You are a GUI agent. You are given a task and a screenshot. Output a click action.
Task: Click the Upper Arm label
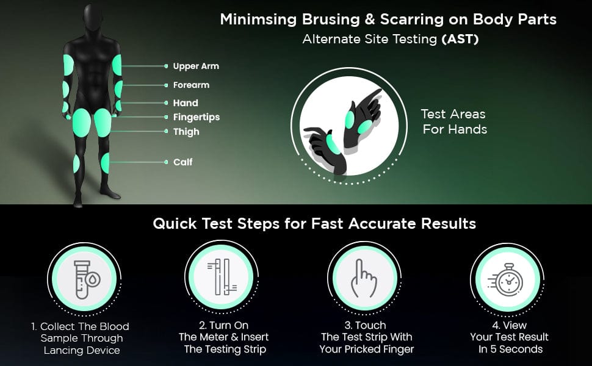tap(196, 66)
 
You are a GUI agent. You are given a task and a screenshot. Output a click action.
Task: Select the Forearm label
tap(191, 85)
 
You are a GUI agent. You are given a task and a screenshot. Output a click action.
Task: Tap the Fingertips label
tap(197, 117)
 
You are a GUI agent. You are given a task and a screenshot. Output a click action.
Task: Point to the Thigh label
tap(186, 132)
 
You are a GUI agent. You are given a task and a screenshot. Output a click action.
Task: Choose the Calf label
tap(182, 162)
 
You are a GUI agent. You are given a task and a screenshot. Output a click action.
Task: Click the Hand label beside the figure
tap(186, 102)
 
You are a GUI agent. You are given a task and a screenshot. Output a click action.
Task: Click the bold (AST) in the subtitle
tap(460, 39)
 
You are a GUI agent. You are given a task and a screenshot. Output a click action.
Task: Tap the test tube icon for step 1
tap(85, 279)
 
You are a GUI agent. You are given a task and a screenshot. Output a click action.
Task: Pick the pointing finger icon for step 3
tap(364, 278)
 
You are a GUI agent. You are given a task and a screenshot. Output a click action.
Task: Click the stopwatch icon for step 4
tap(507, 279)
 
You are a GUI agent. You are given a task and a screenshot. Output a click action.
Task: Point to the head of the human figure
tap(93, 21)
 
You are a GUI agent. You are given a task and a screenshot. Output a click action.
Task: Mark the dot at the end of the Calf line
tap(166, 162)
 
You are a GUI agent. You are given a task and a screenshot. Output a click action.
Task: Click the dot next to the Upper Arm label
tap(166, 66)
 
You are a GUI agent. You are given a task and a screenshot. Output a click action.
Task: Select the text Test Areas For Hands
tap(454, 121)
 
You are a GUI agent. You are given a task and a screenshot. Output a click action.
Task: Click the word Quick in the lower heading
tap(175, 224)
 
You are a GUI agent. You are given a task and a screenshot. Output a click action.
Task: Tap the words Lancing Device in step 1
tap(82, 350)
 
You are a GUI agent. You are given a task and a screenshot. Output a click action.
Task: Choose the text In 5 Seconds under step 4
tap(510, 349)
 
